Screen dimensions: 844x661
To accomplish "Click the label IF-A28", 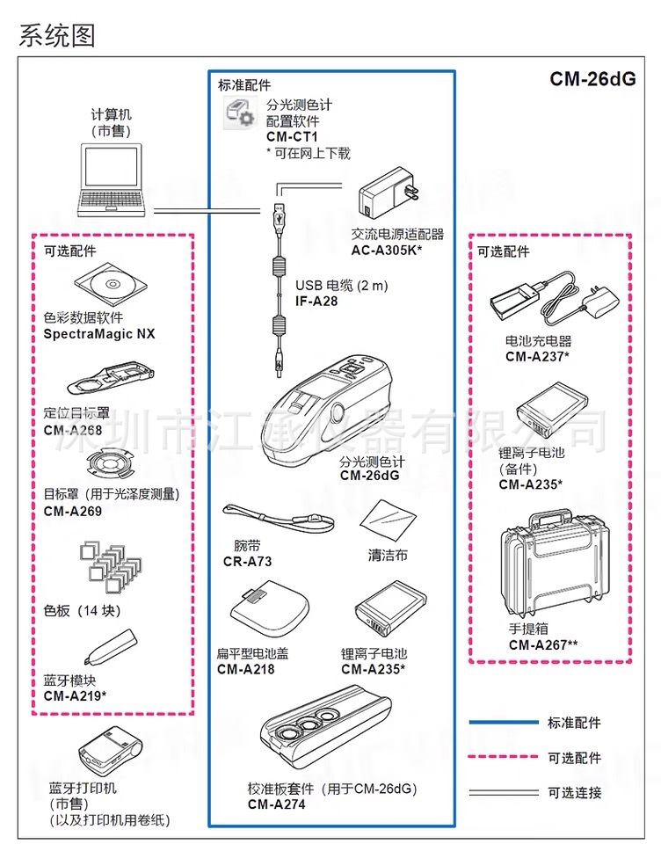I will coord(316,301).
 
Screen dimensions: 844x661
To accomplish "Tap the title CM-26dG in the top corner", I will coord(592,78).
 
